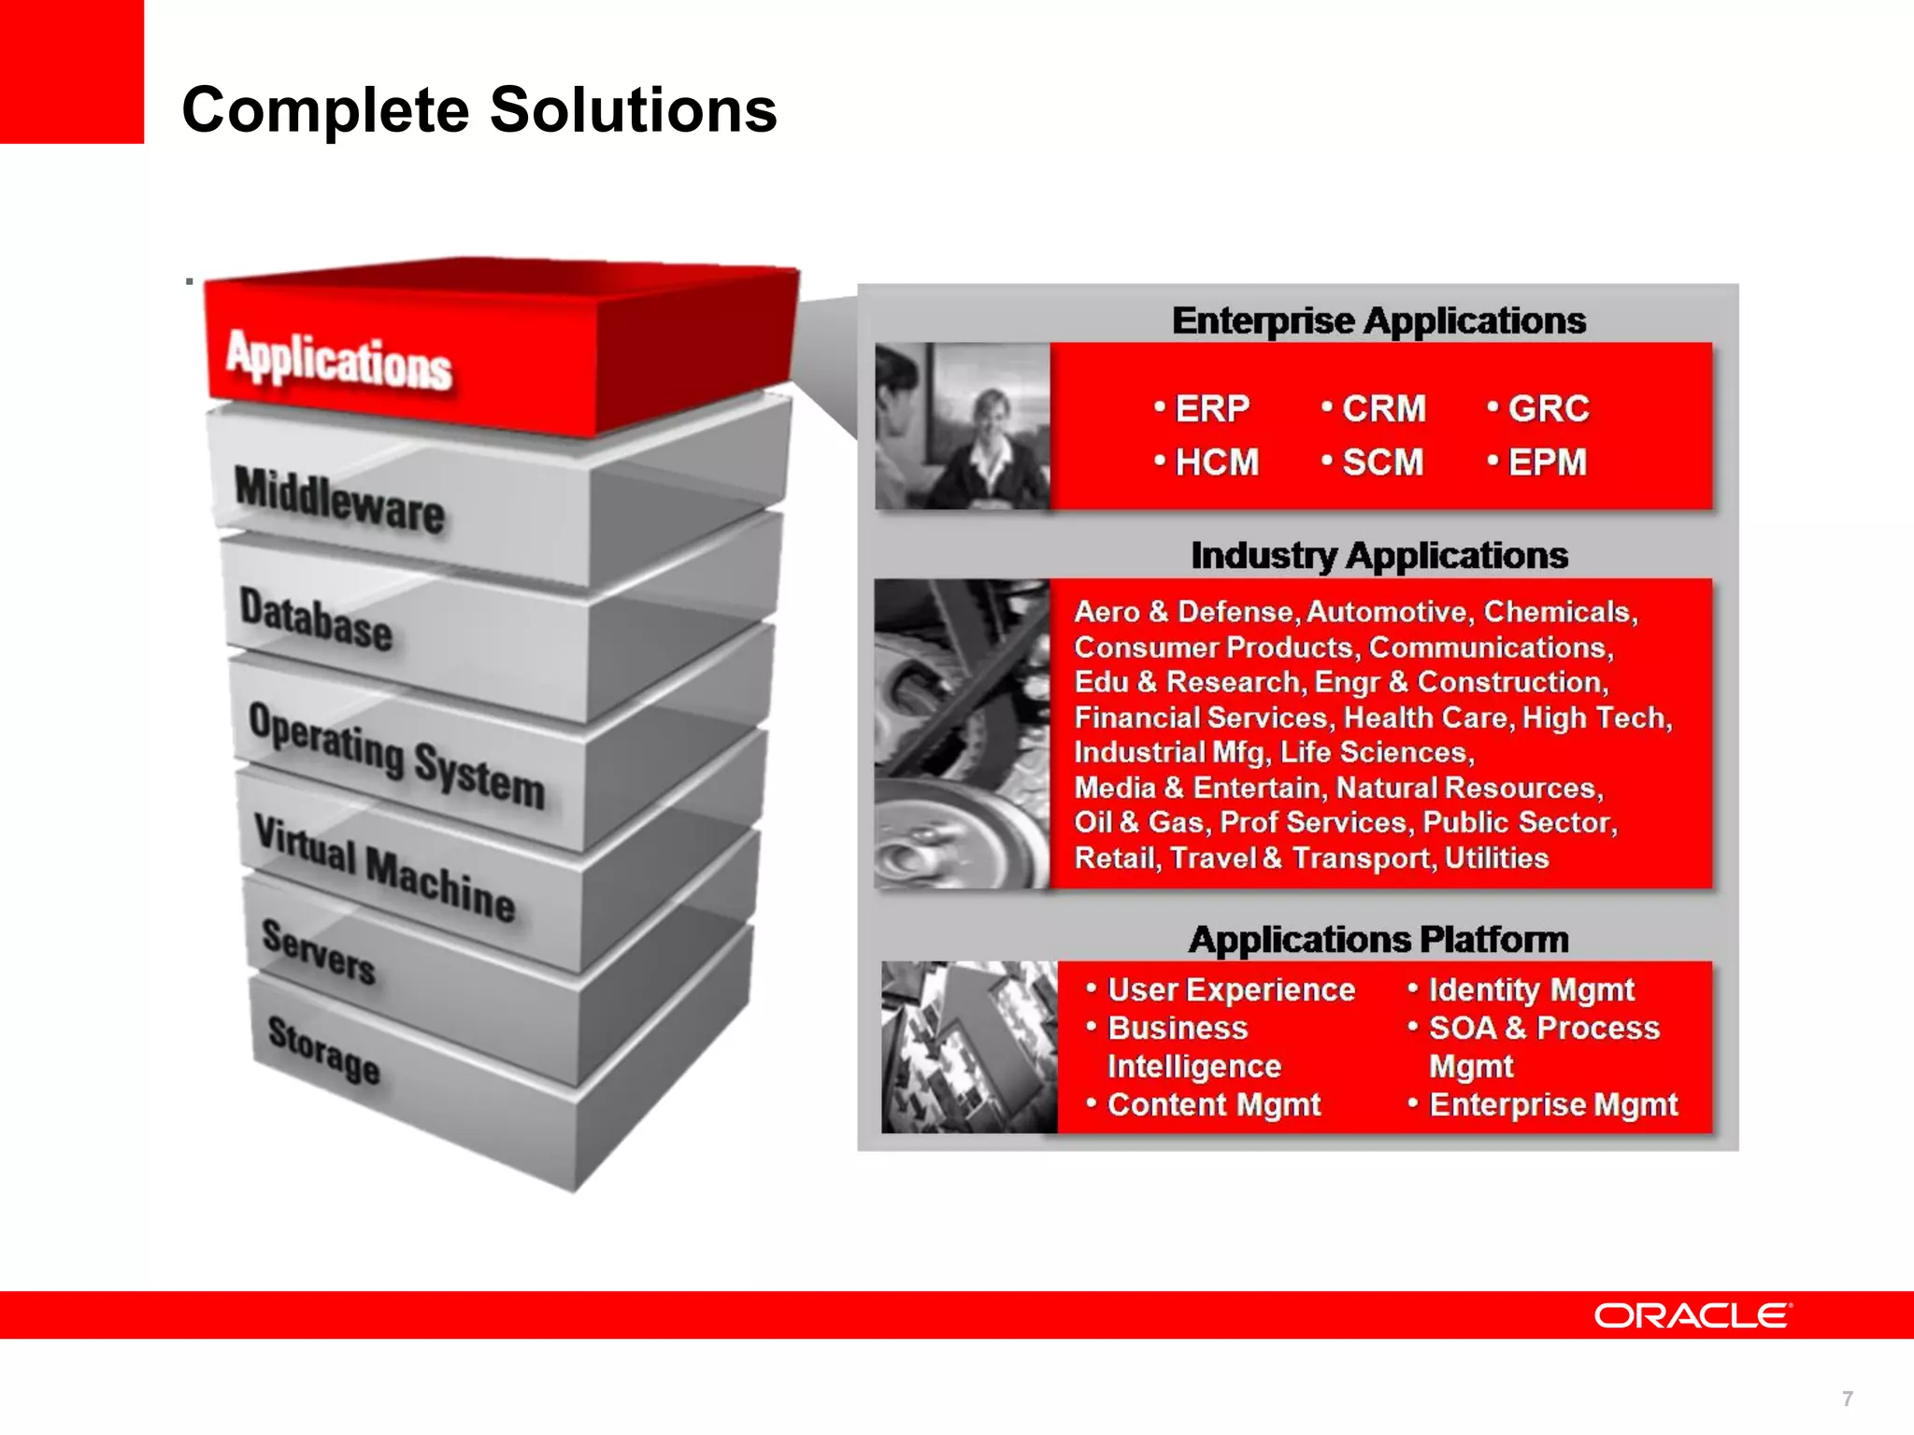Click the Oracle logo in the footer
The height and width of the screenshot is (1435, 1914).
(1693, 1315)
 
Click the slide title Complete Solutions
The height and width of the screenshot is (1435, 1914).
(478, 110)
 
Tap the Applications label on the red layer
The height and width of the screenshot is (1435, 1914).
(339, 359)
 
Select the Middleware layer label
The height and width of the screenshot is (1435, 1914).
(339, 500)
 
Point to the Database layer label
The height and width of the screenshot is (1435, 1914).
(316, 618)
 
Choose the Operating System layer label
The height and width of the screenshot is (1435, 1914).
(396, 755)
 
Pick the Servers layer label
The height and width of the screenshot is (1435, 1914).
(319, 951)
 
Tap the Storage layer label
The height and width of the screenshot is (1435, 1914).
(323, 1050)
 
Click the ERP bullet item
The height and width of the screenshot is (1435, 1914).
(1211, 408)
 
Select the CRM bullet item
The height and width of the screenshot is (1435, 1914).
(1383, 408)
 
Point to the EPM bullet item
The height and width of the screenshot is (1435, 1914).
(1547, 462)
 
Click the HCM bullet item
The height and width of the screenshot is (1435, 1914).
(1216, 462)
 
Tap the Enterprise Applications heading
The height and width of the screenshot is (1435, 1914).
(1378, 320)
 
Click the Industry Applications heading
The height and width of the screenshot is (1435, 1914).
(1378, 555)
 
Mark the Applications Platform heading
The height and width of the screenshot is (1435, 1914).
(1378, 939)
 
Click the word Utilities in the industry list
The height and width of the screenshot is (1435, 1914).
(1496, 858)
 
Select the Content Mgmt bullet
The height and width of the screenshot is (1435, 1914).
(1213, 1104)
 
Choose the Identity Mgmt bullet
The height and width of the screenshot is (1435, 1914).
(1531, 989)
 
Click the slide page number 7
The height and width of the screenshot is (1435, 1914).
(1847, 1399)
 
